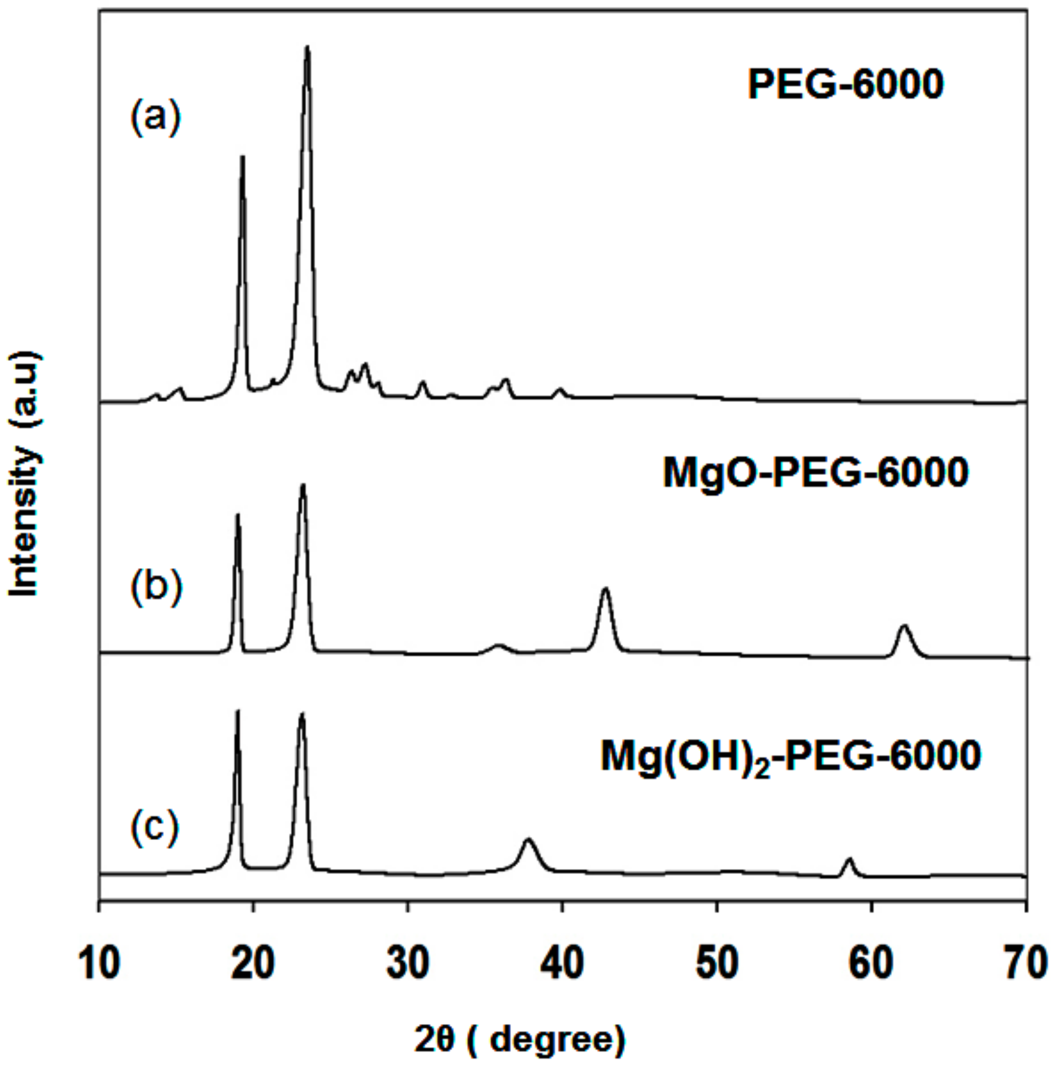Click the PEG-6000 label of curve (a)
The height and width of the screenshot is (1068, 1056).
point(845,84)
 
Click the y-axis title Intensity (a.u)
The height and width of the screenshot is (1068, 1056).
point(25,473)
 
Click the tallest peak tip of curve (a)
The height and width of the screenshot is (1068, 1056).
point(307,48)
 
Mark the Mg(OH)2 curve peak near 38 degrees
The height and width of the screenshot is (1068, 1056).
point(529,840)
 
